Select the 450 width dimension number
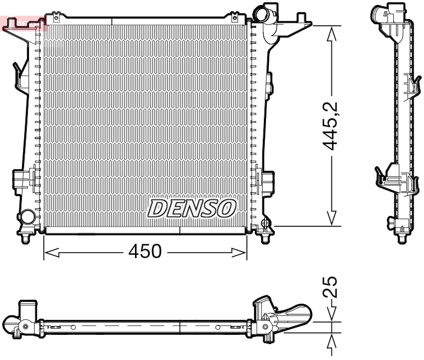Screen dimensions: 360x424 click(145, 252)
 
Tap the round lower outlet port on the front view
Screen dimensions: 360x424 click(25, 217)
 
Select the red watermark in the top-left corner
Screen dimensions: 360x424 click(22, 22)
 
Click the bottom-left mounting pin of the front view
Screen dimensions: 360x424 click(26, 238)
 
